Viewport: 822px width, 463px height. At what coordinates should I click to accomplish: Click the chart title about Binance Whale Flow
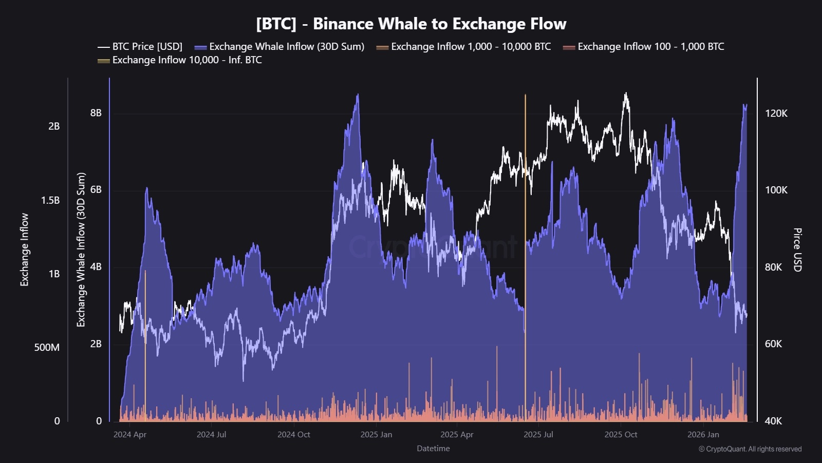[x=411, y=24]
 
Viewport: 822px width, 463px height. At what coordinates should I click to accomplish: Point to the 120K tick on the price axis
[x=776, y=113]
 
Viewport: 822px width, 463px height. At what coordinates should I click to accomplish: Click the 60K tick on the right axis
[x=773, y=344]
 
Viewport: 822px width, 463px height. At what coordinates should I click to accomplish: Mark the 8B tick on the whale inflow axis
[x=96, y=113]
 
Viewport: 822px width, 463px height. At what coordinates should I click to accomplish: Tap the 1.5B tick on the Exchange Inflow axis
[x=50, y=200]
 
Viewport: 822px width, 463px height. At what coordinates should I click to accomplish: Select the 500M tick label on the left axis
[x=47, y=347]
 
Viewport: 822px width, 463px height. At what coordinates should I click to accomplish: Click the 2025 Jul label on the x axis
[x=538, y=435]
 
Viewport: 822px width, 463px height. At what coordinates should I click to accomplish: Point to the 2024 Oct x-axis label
[x=293, y=435]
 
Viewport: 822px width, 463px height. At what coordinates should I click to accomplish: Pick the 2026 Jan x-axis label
[x=703, y=435]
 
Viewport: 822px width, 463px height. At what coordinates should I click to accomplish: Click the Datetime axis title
[x=433, y=449]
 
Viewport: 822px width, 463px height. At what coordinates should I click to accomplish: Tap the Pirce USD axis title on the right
[x=797, y=250]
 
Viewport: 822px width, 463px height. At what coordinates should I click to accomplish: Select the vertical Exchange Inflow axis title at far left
[x=24, y=250]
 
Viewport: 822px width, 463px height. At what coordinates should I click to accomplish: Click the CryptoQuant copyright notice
[x=750, y=449]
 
